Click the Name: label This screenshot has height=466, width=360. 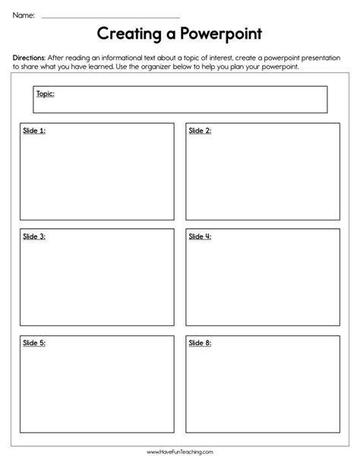point(24,14)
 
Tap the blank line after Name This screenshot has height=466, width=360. point(110,16)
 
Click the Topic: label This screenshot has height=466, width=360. point(45,94)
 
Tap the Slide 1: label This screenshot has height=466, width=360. point(33,131)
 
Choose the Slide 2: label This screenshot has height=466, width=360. point(200,131)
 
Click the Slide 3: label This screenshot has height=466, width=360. point(33,236)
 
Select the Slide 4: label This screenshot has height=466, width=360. point(200,236)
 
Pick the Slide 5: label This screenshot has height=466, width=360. point(33,343)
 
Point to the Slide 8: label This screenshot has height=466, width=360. point(200,343)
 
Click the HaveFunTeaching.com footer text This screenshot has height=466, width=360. point(180,453)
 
